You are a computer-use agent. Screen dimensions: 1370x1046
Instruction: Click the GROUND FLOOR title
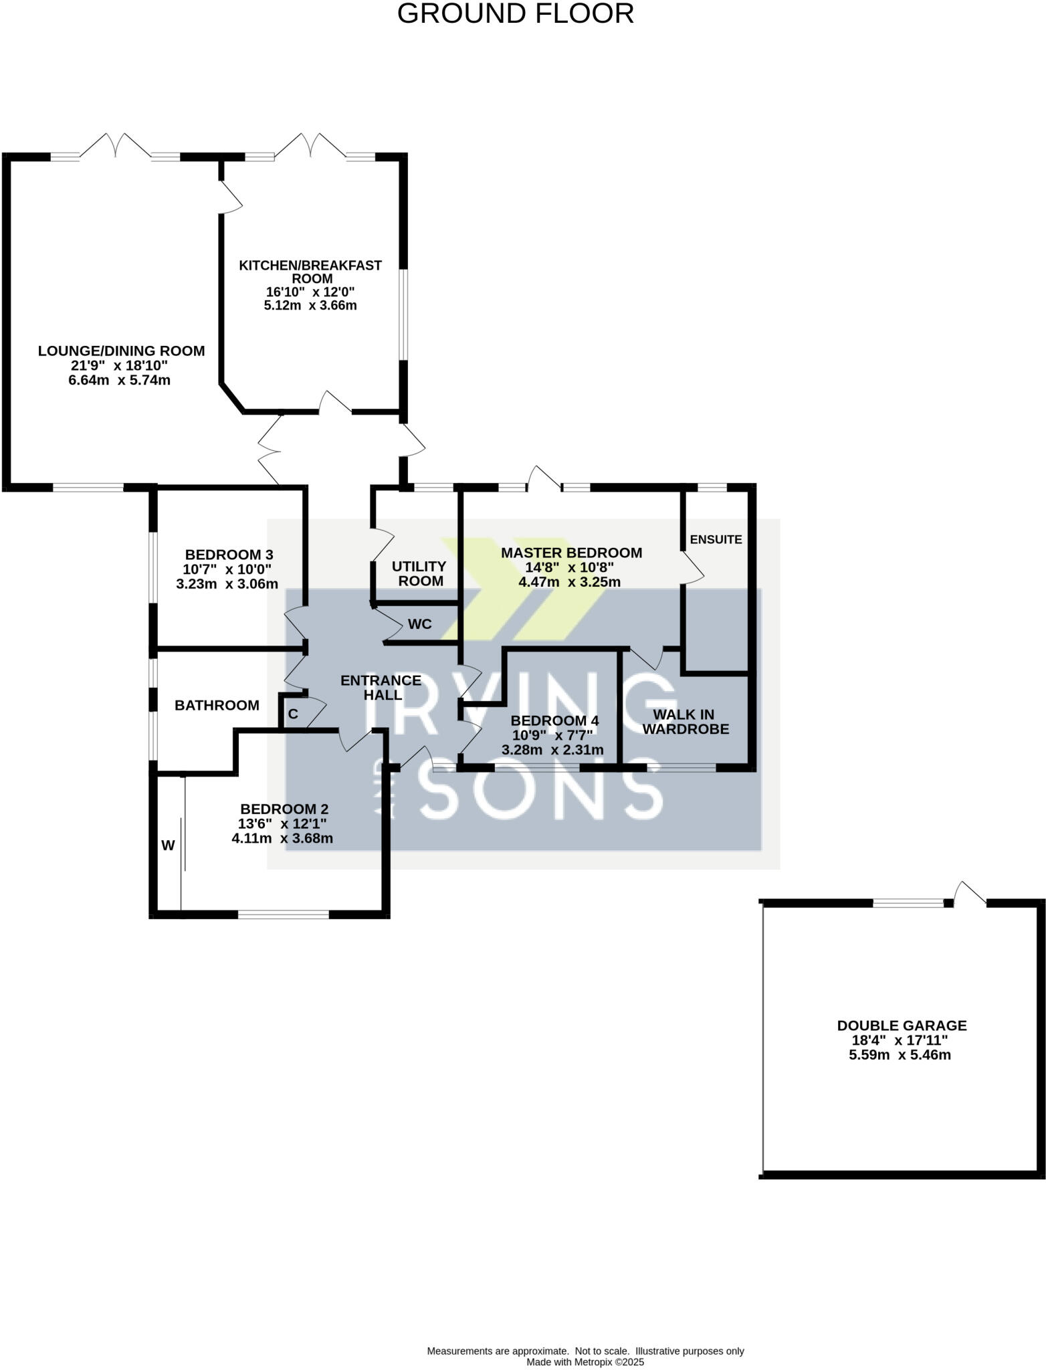point(515,14)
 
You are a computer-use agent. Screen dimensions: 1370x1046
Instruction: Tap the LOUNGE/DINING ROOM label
point(121,351)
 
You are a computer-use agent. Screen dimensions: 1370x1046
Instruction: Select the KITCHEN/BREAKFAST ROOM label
point(310,272)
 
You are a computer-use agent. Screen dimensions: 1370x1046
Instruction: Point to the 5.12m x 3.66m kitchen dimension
point(310,306)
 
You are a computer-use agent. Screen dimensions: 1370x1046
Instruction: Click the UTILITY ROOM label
point(419,574)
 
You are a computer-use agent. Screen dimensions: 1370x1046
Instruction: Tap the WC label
point(420,624)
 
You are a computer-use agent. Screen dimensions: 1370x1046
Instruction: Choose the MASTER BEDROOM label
point(571,553)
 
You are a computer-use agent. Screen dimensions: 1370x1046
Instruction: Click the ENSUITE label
point(716,539)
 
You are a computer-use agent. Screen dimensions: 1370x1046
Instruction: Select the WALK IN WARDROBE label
point(685,722)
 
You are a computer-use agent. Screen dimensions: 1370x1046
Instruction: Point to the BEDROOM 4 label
point(554,720)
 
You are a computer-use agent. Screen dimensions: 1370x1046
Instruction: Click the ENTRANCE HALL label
point(381,688)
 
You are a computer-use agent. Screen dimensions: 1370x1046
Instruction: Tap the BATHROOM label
point(217,705)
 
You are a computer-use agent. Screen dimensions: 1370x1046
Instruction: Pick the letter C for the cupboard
point(293,714)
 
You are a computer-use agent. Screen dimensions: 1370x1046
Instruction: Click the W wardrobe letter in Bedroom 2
point(168,846)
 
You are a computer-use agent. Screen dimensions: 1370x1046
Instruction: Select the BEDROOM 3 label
point(229,555)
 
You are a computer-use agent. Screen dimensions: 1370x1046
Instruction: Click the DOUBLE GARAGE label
point(902,1025)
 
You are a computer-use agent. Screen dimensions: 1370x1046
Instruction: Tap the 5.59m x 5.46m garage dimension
point(900,1056)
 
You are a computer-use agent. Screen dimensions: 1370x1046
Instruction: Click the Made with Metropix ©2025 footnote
point(585,1361)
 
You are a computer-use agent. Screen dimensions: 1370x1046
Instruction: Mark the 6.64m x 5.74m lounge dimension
point(119,381)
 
